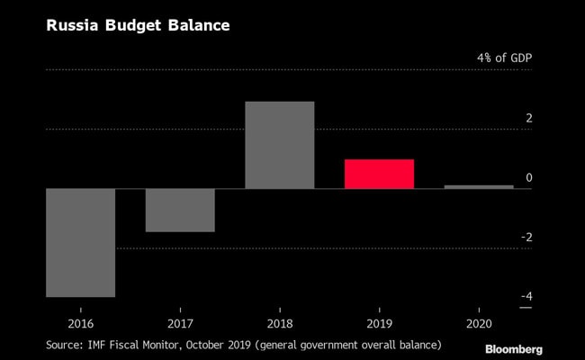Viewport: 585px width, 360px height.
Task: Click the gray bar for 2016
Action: (80, 242)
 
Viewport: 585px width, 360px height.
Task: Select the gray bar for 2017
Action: (180, 210)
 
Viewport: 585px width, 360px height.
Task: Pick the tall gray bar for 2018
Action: (279, 145)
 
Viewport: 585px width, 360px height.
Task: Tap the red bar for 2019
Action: (379, 174)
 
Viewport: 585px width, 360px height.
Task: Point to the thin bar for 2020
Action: (479, 186)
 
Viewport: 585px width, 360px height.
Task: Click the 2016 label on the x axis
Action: (80, 321)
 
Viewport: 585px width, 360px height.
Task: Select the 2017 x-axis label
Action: (180, 321)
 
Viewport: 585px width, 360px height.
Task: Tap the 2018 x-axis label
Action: (279, 321)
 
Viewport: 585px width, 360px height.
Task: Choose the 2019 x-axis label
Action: (379, 321)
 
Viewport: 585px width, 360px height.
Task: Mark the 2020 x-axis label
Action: (479, 321)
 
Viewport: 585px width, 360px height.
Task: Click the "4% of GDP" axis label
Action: (505, 58)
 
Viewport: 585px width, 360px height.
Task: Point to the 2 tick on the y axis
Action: (529, 118)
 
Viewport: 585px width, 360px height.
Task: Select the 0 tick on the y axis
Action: (529, 177)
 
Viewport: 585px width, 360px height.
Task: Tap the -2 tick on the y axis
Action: (526, 237)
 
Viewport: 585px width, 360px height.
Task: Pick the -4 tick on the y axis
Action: (526, 296)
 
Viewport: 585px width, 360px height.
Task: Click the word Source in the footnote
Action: (66, 343)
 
